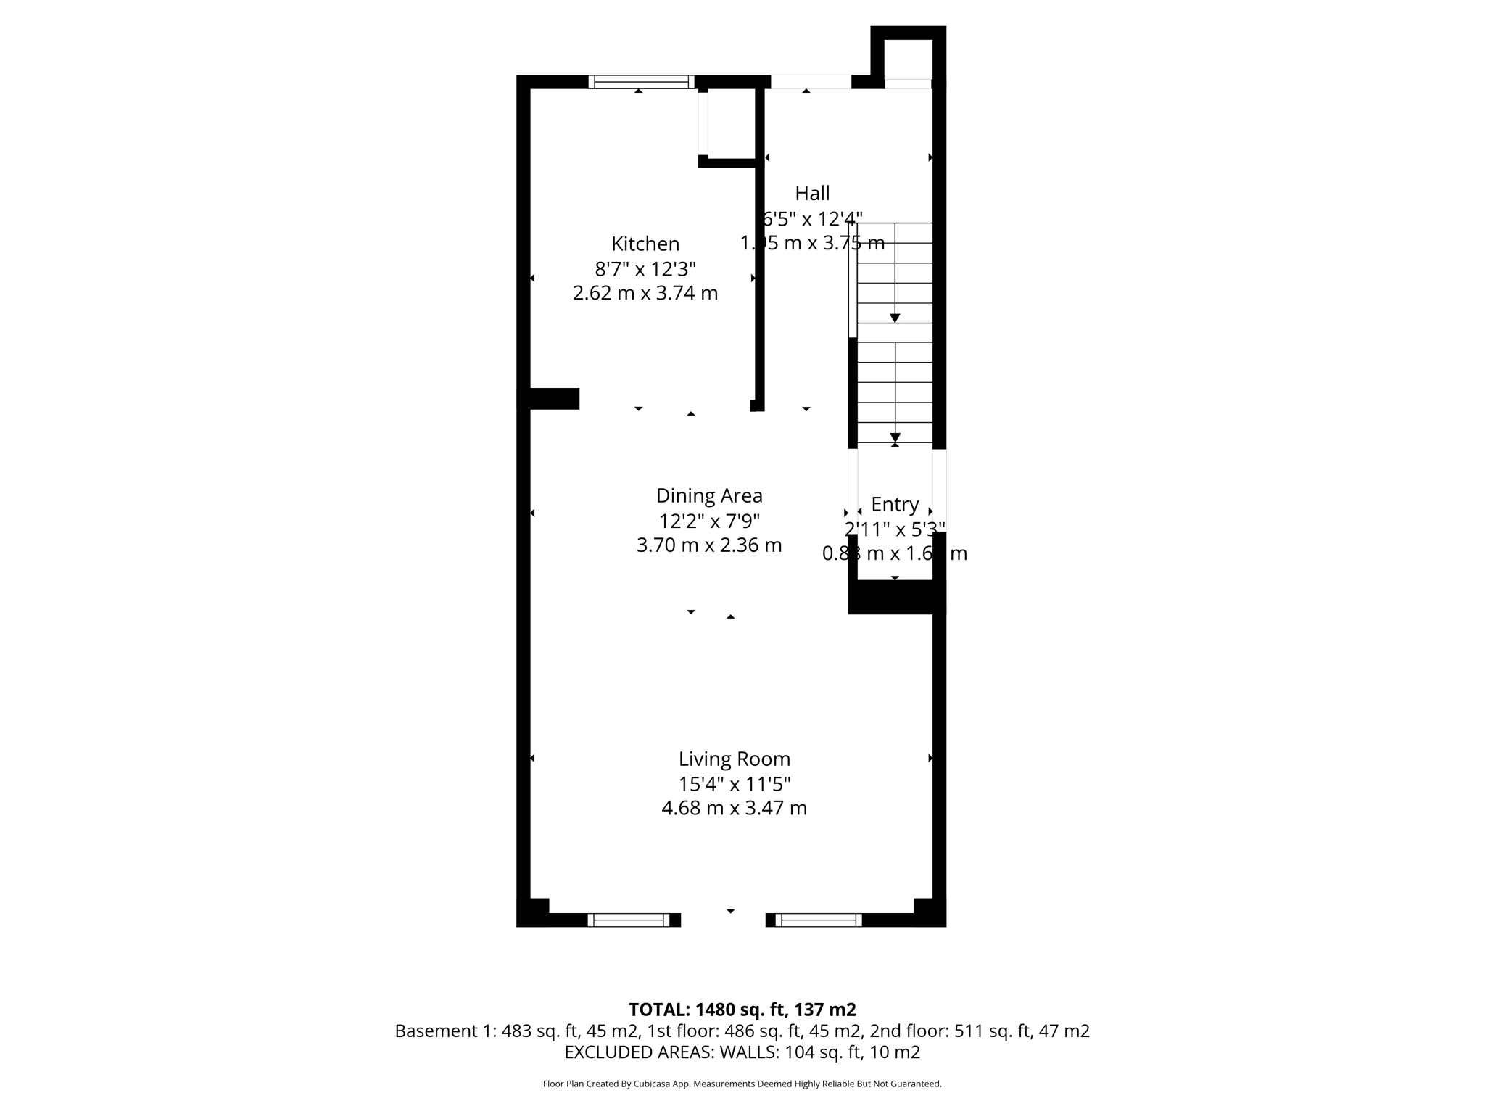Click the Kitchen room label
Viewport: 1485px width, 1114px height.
click(645, 244)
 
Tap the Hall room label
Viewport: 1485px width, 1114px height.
click(812, 194)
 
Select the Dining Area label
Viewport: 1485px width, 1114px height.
click(709, 496)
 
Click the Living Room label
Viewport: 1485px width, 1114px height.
click(734, 759)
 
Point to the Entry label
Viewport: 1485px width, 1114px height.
click(895, 504)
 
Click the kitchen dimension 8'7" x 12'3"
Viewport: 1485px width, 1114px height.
click(645, 269)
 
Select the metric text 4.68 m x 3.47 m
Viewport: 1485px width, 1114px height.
click(734, 808)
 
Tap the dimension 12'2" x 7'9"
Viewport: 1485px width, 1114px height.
click(709, 521)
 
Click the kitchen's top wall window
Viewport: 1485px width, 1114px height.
click(641, 82)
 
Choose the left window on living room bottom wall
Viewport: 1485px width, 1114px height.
click(629, 920)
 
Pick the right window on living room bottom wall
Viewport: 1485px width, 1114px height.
click(819, 920)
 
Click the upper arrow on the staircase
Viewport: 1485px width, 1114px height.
click(895, 318)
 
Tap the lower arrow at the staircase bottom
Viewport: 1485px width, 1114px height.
click(895, 437)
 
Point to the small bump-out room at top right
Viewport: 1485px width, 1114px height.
click(908, 59)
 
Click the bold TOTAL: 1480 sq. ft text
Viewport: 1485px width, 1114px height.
click(742, 1010)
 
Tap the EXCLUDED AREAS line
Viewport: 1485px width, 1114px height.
click(742, 1052)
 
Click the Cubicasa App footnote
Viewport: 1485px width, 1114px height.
click(742, 1084)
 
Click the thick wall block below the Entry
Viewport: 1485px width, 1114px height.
click(896, 597)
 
